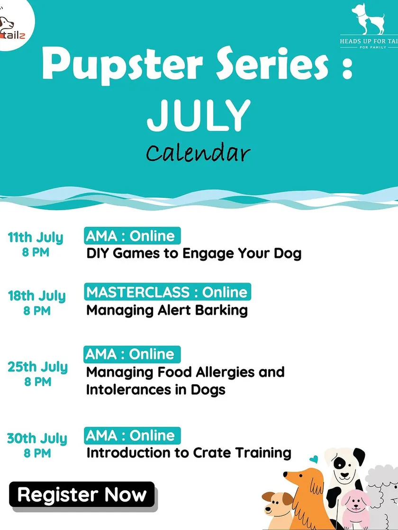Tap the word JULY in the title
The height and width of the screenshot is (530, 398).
point(199,115)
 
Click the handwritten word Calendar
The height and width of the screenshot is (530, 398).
point(199,153)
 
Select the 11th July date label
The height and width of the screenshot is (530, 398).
point(36,238)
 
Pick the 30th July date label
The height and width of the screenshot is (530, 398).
point(37,438)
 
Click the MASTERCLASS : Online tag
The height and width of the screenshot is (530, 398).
point(167,292)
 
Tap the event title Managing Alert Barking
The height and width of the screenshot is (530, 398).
point(167,310)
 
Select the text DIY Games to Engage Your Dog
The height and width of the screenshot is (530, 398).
point(194,254)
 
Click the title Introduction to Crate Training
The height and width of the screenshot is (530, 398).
point(189,452)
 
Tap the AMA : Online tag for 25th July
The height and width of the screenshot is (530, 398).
point(132,354)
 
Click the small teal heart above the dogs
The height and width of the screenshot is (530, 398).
point(314,459)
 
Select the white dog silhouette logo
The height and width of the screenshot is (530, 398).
point(368,18)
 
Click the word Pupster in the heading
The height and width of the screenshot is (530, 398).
point(122,64)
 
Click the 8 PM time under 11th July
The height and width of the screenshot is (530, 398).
point(36,252)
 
